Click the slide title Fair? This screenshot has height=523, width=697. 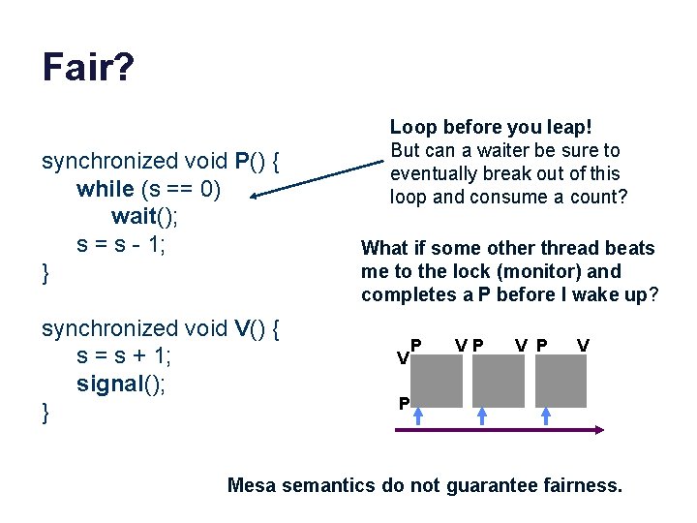[88, 69]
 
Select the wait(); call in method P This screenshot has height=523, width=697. [144, 215]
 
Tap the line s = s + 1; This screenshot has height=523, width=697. [124, 355]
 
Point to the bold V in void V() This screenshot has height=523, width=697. [243, 328]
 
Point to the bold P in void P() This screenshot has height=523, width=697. [243, 161]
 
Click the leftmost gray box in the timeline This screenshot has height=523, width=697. [434, 382]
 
